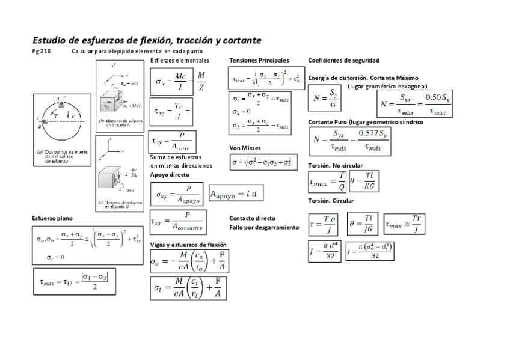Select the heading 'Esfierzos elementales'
pos(180,61)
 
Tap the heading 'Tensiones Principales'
pos(259,61)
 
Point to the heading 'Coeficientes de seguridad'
pos(343,61)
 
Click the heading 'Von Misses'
pos(245,147)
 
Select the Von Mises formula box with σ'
pos(263,162)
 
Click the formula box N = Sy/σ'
pos(328,97)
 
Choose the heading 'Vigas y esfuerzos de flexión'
pos(188,245)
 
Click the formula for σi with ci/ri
pos(188,288)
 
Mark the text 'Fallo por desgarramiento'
pos(264,228)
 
